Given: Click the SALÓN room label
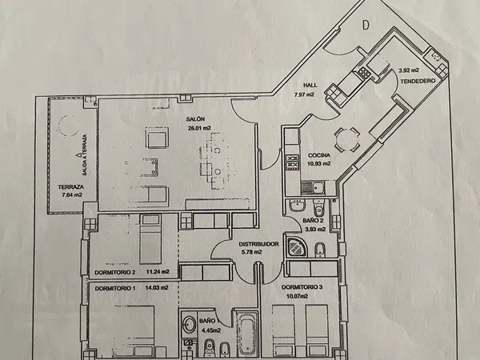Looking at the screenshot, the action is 195,119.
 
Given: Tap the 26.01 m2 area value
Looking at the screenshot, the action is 199,128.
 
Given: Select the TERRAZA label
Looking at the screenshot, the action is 71,186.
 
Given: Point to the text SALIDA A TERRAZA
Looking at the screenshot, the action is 85,155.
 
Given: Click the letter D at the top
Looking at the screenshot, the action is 366,26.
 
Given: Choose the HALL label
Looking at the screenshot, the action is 310,85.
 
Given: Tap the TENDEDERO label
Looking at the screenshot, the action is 418,81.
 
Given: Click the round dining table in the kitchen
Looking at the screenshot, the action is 347,139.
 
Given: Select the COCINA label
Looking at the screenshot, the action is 319,155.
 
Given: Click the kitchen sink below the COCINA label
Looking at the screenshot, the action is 313,188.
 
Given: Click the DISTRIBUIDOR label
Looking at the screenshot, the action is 258,244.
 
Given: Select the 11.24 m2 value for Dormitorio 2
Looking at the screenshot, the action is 158,271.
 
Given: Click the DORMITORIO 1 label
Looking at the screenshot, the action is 115,288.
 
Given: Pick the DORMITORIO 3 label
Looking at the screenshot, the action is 302,287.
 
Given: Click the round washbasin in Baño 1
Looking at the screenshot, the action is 189,324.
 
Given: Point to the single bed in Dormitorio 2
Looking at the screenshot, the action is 150,239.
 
